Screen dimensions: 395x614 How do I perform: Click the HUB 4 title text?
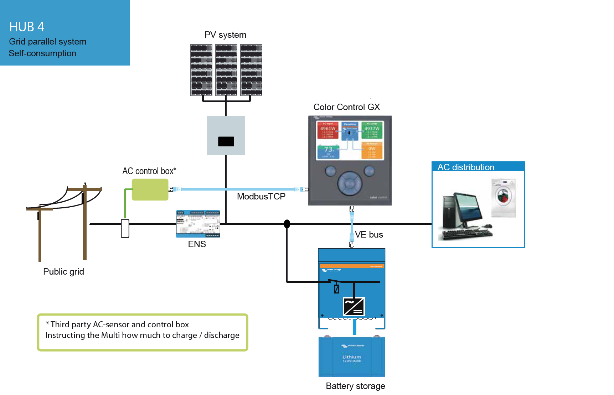tap(27, 27)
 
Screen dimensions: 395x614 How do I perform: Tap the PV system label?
tap(225, 35)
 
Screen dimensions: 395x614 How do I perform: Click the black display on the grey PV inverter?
tap(226, 141)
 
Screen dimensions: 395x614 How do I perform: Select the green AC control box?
tap(150, 189)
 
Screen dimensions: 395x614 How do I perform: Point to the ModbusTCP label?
tap(261, 197)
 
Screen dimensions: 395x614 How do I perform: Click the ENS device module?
tap(198, 224)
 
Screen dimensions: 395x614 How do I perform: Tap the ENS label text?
tap(197, 244)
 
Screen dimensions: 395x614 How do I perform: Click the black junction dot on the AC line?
tap(287, 224)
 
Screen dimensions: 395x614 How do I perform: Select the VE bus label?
tap(369, 235)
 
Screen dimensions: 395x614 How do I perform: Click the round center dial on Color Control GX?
tap(350, 184)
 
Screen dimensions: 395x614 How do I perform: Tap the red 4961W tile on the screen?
tap(327, 130)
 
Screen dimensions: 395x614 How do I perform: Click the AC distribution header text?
tap(466, 167)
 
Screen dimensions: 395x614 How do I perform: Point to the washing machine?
tap(503, 198)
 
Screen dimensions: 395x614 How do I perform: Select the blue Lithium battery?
tap(352, 357)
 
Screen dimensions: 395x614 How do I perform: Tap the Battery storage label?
tap(355, 386)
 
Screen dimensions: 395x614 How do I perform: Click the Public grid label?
tap(63, 272)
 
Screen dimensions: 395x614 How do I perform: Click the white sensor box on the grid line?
tap(125, 229)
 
